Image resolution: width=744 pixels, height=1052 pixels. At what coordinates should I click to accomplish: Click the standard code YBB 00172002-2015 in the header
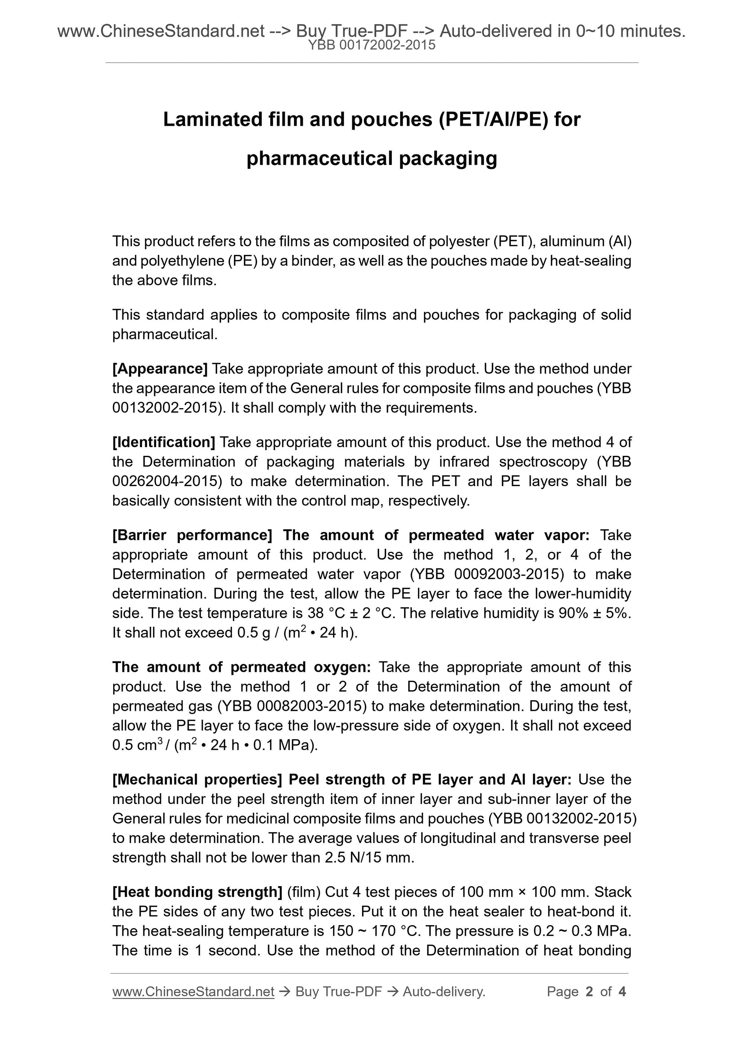pos(372,45)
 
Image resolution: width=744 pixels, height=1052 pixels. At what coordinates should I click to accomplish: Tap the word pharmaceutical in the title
pos(320,159)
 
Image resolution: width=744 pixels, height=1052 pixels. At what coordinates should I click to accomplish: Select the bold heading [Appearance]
pos(160,368)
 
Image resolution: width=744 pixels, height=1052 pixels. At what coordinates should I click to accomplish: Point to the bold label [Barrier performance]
pos(192,535)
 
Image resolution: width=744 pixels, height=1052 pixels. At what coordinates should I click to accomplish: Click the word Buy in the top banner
pos(311,31)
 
